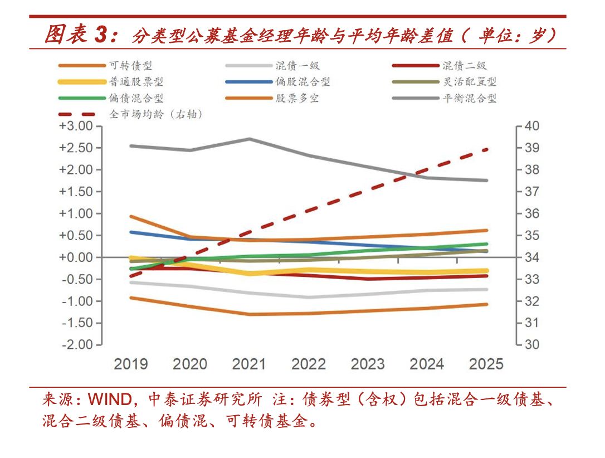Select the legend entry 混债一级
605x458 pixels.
[297, 66]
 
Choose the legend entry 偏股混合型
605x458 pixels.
[302, 82]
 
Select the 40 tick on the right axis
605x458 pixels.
[532, 126]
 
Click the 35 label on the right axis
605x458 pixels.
[532, 236]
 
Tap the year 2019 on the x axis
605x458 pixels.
[131, 364]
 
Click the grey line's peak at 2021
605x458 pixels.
[249, 139]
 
